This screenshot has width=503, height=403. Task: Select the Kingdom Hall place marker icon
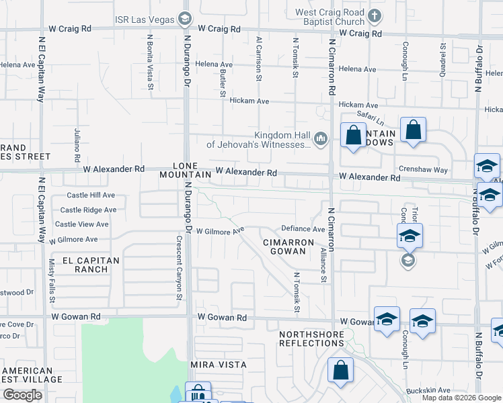coord(320,138)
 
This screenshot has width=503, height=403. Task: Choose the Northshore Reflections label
coord(311,339)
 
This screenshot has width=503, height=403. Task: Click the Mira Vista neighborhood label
coord(218,365)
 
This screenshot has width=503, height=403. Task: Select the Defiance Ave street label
coord(303,229)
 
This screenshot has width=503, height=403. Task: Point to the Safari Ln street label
coord(371,118)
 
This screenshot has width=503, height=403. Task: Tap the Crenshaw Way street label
coord(423,170)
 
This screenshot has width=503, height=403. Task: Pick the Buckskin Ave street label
coord(428,390)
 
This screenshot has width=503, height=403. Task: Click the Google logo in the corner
coord(22,395)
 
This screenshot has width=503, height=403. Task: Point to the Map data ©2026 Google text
coord(461,398)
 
